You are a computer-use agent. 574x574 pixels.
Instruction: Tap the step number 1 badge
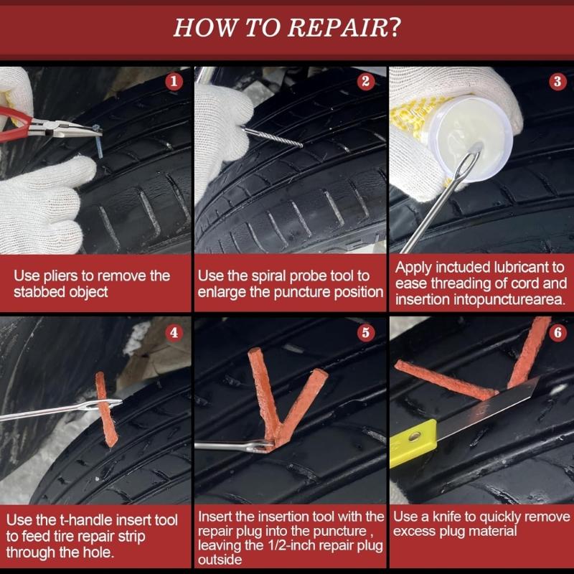[x=174, y=81]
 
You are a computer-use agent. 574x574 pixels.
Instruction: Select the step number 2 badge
[x=365, y=81]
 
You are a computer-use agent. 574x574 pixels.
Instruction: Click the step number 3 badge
[x=557, y=81]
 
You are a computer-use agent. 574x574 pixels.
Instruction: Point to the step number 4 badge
[x=174, y=333]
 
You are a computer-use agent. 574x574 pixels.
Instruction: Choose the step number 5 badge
[x=365, y=333]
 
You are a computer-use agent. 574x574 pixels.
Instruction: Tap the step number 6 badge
[x=557, y=333]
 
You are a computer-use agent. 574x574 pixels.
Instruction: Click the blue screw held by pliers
[x=98, y=141]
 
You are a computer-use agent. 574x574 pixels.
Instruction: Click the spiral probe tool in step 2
[x=273, y=137]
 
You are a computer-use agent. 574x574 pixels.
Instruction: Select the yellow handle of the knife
[x=413, y=443]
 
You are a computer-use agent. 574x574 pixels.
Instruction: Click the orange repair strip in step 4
[x=105, y=409]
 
